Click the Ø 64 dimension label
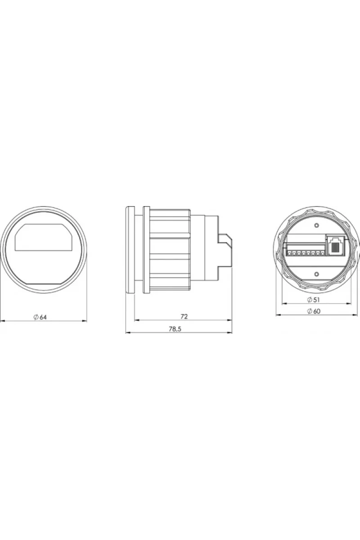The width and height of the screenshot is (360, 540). pos(40,317)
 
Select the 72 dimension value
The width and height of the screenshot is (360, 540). pos(184,316)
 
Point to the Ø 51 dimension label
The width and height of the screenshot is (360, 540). pos(314,300)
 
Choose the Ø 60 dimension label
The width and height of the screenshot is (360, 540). pos(314,311)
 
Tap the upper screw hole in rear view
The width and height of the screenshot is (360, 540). pos(317,225)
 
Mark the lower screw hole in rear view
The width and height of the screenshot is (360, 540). pos(317,274)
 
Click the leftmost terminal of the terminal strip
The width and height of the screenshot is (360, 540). pos(288,253)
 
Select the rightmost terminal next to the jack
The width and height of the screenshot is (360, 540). pos(322,253)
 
